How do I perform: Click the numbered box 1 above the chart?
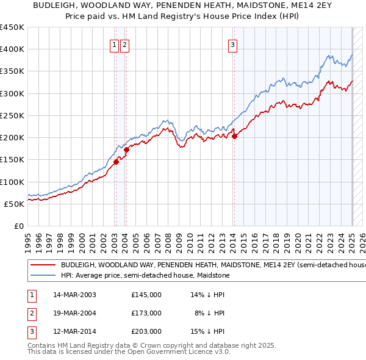click(x=114, y=44)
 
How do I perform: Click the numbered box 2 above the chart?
click(x=124, y=44)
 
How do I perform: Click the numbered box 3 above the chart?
click(x=233, y=44)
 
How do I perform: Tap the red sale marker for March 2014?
click(x=234, y=136)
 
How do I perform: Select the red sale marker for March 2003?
click(x=116, y=162)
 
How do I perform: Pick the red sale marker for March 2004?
click(x=126, y=149)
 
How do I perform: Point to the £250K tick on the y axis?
click(x=12, y=115)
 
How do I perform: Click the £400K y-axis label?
click(x=12, y=49)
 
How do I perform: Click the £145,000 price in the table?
click(x=146, y=295)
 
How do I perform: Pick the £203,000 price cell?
click(x=146, y=333)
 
